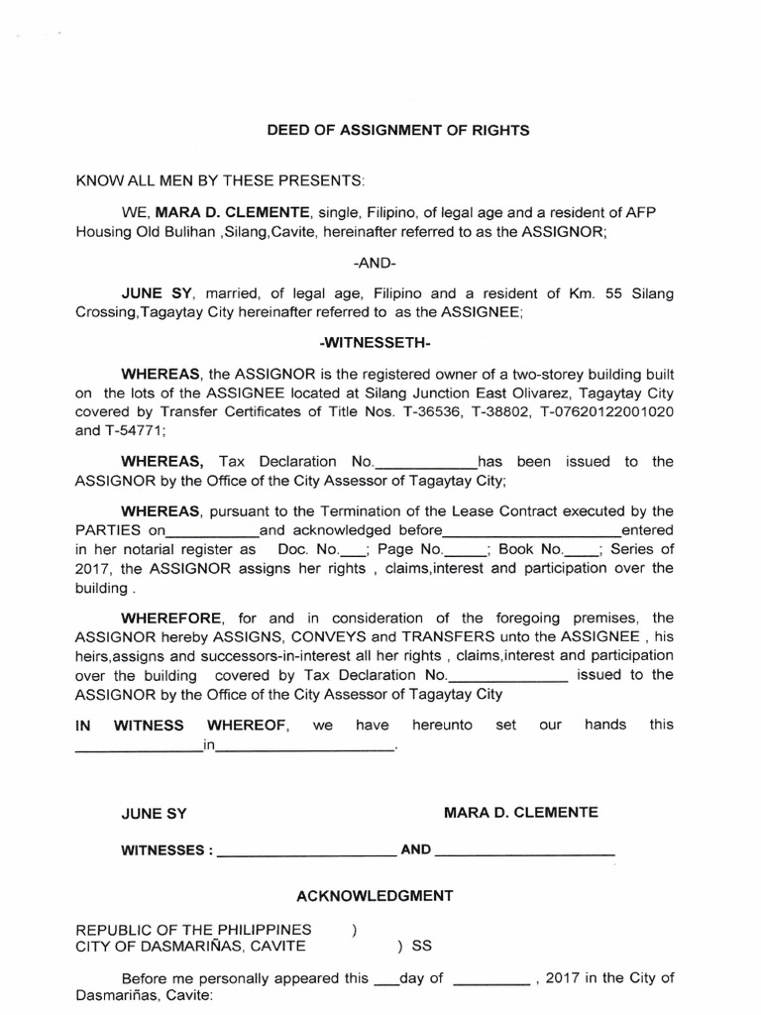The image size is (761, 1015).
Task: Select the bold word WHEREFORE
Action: (x=163, y=620)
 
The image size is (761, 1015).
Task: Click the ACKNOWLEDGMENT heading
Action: (x=375, y=895)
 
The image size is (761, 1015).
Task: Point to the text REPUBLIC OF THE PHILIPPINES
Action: (x=193, y=930)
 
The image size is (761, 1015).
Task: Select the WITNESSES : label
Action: (x=165, y=850)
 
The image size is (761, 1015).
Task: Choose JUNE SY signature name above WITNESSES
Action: (x=154, y=814)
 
